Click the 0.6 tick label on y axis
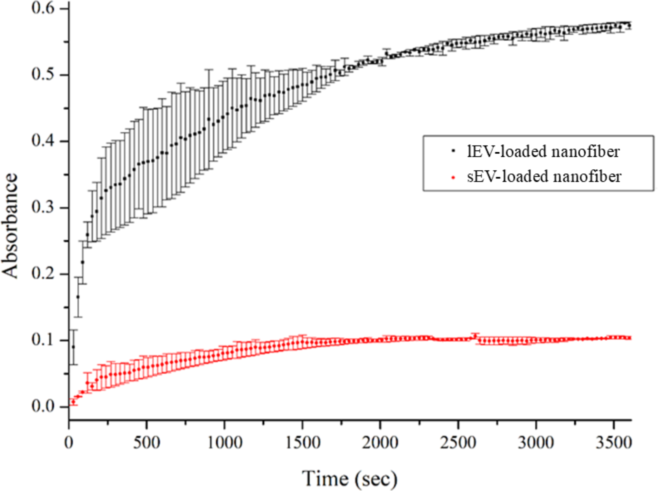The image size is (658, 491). click(43, 8)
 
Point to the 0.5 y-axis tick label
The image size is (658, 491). click(43, 74)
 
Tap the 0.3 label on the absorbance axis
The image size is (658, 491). click(43, 207)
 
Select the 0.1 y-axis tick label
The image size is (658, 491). click(43, 340)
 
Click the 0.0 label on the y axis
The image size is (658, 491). click(43, 406)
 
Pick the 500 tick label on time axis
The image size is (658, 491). click(146, 443)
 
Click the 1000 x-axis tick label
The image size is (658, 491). click(225, 443)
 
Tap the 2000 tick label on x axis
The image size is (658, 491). click(380, 443)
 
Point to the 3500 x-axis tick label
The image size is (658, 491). click(613, 443)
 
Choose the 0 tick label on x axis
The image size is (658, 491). click(69, 443)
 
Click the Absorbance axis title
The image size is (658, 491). click(10, 226)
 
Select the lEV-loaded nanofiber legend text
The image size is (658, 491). click(543, 151)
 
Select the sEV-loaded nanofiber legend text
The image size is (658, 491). click(544, 176)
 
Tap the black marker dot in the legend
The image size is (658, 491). click(454, 151)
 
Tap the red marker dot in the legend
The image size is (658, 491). click(454, 178)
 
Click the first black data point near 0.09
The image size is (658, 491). click(73, 347)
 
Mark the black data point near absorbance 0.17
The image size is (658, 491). click(78, 297)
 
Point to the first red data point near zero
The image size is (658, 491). click(73, 402)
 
